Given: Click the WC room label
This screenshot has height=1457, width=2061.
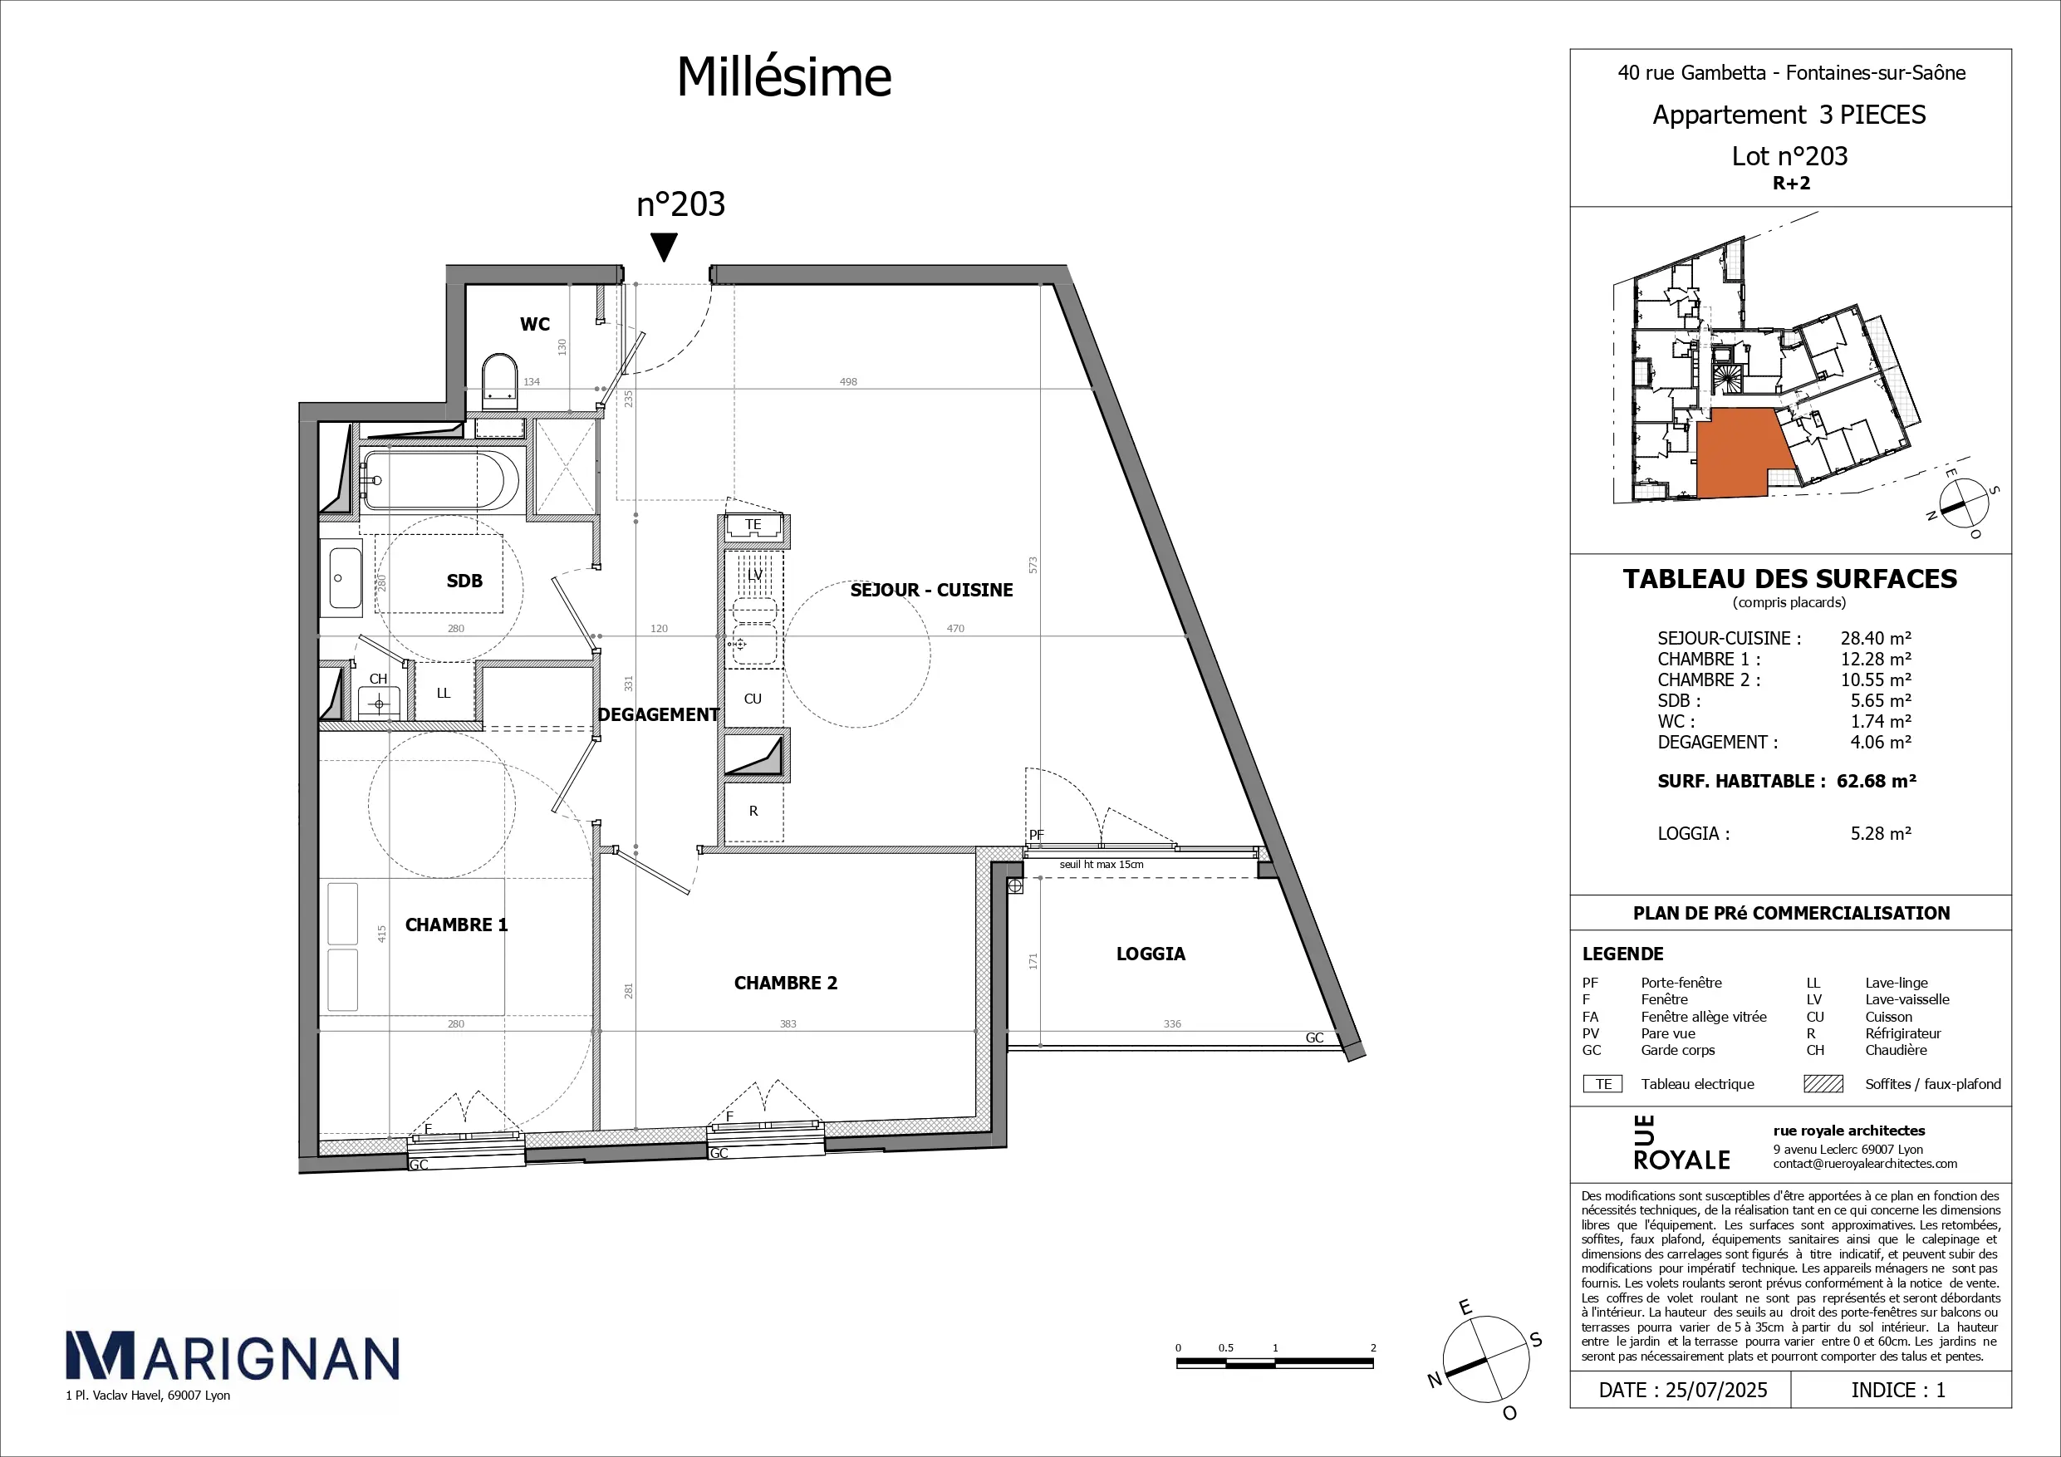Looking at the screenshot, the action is (x=534, y=324).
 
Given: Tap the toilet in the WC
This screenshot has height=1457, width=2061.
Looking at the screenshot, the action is (x=500, y=381).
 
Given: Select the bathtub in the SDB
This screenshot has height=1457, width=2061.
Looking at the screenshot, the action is (x=439, y=480).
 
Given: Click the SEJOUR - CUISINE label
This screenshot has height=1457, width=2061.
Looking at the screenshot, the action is (x=931, y=590).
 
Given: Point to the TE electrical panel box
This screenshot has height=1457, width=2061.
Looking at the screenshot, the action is (x=753, y=525).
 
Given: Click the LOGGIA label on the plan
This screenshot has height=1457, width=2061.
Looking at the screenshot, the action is (x=1151, y=954).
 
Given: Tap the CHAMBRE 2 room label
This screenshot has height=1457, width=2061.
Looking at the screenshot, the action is (x=786, y=983).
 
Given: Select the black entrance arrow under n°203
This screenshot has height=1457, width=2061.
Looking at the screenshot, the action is (x=664, y=247).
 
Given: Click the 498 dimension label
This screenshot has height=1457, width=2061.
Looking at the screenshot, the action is (x=848, y=381).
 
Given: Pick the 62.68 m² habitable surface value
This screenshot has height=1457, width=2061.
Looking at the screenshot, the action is (x=1876, y=781).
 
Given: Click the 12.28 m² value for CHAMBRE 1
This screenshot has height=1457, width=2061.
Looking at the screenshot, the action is (x=1876, y=659).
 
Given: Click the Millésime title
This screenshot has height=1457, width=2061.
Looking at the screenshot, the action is (x=783, y=76).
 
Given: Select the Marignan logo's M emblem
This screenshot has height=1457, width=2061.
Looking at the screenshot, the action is (x=101, y=1355).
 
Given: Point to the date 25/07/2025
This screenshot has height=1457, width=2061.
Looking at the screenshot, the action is (x=1716, y=1391).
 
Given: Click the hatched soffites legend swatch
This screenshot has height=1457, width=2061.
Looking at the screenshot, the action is (x=1823, y=1083).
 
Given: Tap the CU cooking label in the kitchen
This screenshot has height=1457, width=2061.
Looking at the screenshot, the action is (x=753, y=699).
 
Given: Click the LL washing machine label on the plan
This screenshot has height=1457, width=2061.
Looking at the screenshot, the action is (x=444, y=693).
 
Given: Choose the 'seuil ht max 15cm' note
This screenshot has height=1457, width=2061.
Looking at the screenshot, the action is (x=1102, y=865).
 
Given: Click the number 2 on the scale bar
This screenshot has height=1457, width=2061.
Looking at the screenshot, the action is (x=1373, y=1348).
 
